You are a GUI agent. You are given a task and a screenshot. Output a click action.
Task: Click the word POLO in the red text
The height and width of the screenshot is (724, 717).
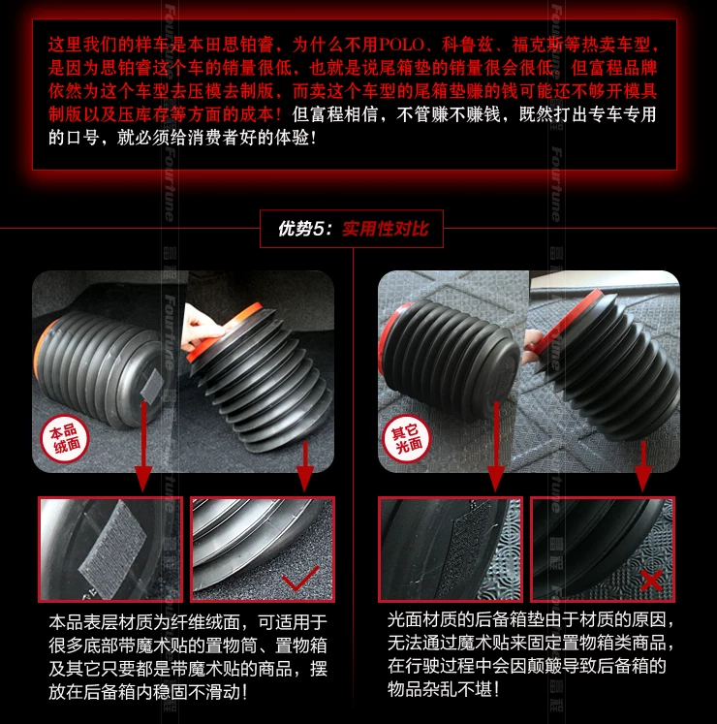(x=401, y=45)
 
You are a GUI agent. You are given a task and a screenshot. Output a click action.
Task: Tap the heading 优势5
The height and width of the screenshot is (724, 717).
(x=299, y=229)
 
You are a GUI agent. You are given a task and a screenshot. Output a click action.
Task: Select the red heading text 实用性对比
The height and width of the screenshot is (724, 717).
(x=386, y=229)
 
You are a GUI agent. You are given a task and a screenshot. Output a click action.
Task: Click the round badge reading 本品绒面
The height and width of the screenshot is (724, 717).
(x=65, y=439)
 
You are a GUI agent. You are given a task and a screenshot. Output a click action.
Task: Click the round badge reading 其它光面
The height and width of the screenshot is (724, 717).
(x=406, y=439)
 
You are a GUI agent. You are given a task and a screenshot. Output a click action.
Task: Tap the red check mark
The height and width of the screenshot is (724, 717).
(x=300, y=578)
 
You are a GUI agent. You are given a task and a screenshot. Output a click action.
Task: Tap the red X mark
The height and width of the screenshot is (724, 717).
(x=651, y=580)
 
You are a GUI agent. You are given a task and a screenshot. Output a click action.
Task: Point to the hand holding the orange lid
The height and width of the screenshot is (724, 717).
(x=201, y=327)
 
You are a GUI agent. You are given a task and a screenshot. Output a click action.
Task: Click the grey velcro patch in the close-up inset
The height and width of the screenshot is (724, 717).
(x=112, y=549)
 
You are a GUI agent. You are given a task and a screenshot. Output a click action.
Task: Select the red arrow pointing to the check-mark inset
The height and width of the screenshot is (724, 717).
(x=304, y=466)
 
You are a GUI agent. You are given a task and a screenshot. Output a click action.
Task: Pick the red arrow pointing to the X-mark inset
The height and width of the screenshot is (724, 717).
(x=643, y=466)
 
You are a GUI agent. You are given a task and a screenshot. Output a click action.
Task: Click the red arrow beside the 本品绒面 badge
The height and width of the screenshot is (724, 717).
(x=143, y=447)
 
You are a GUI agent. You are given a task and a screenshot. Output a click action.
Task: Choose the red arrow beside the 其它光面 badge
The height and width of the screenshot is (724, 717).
(x=496, y=447)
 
